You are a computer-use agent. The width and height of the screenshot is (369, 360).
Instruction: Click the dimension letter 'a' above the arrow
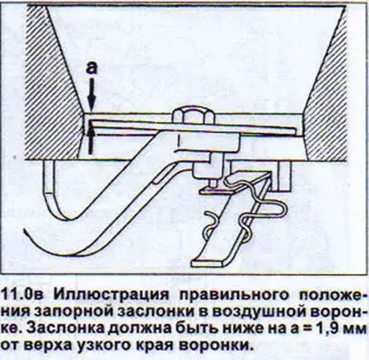click(91, 68)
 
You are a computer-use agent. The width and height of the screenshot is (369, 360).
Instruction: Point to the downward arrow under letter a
click(91, 94)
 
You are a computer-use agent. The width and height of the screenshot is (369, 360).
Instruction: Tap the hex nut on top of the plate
click(193, 116)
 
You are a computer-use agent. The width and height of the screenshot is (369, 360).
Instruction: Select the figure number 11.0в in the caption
click(24, 294)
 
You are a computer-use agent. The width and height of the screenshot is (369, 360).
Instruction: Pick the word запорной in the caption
click(72, 312)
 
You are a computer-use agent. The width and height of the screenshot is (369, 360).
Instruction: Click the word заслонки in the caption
click(153, 311)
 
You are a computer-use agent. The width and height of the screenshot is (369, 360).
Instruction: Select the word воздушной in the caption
click(256, 312)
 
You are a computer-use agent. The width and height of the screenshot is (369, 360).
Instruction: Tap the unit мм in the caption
click(355, 330)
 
